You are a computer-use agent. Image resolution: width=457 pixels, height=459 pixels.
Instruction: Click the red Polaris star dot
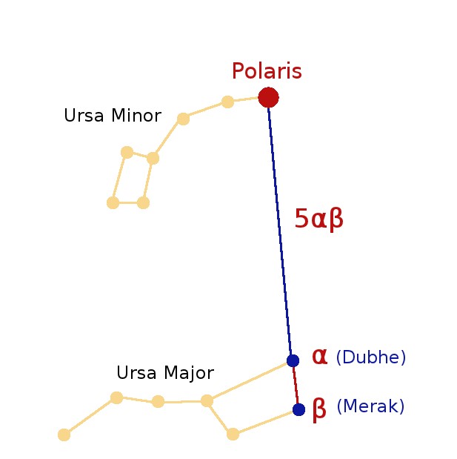click(x=268, y=97)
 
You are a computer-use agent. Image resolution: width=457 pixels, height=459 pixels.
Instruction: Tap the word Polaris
click(x=267, y=71)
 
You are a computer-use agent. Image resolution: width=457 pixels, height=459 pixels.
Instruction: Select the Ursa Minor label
click(x=112, y=116)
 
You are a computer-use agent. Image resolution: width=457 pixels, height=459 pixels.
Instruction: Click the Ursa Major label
click(x=165, y=373)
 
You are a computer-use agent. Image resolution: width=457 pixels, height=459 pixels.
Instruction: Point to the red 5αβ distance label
click(x=319, y=219)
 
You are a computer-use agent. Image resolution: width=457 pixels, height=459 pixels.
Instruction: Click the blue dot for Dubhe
click(x=293, y=360)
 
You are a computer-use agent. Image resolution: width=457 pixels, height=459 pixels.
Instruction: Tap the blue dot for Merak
click(x=298, y=409)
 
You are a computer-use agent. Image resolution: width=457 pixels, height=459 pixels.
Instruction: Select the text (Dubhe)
click(x=370, y=357)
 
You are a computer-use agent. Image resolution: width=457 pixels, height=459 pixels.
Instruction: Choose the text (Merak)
click(x=370, y=407)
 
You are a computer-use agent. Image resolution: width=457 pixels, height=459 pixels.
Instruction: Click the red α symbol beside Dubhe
click(x=319, y=357)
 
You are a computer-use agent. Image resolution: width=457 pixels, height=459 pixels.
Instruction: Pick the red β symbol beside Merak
click(x=319, y=409)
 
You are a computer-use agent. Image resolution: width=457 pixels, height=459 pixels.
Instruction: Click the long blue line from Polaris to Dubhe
click(x=281, y=230)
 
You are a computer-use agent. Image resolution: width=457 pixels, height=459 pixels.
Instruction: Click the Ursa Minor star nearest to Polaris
click(x=228, y=102)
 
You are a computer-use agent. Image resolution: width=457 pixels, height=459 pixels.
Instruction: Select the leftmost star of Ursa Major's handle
click(x=64, y=435)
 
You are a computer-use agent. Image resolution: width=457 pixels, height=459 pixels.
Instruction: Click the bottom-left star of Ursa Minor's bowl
click(x=113, y=202)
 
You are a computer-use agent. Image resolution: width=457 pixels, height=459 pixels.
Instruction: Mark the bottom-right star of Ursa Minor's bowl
click(x=144, y=202)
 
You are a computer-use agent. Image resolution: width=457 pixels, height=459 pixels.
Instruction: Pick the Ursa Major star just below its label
click(x=158, y=402)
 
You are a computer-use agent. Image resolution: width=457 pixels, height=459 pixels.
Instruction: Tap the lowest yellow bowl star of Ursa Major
click(x=233, y=434)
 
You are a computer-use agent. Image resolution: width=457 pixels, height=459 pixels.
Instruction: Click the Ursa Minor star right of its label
click(x=184, y=118)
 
